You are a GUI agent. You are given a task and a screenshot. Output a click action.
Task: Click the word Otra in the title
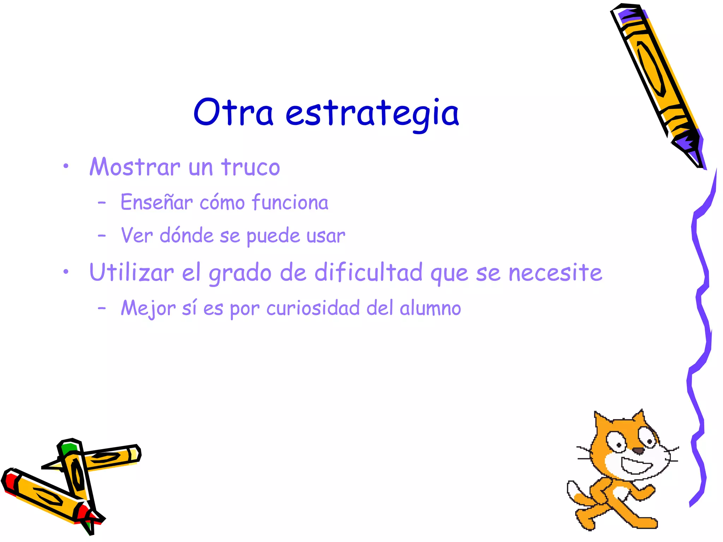click(x=233, y=112)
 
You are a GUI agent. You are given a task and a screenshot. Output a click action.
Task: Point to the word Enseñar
click(x=157, y=202)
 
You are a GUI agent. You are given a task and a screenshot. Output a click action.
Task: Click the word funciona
click(x=290, y=202)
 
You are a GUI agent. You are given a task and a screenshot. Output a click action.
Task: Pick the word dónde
click(x=186, y=235)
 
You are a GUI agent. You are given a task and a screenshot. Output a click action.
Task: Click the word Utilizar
click(x=132, y=272)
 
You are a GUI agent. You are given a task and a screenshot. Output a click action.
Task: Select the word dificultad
click(x=368, y=272)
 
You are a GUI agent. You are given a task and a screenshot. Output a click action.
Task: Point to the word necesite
click(x=555, y=273)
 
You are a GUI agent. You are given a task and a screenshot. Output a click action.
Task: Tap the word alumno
click(x=430, y=308)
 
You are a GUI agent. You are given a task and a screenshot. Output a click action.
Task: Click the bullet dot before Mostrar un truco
click(x=66, y=166)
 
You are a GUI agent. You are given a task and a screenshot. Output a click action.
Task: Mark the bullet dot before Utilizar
click(x=66, y=272)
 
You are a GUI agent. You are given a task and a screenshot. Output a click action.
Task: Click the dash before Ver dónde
click(x=102, y=235)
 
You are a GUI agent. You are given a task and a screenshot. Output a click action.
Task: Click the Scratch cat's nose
click(x=638, y=451)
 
